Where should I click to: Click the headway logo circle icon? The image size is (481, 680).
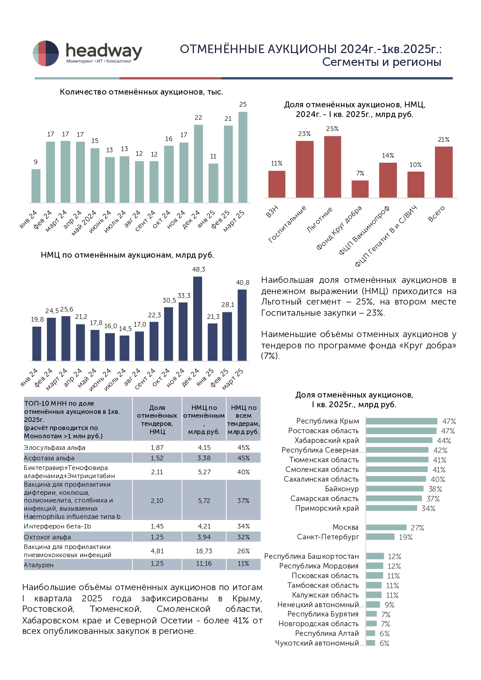tap(46, 53)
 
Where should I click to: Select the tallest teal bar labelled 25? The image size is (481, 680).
tap(243, 157)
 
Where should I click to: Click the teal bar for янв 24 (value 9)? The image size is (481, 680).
tap(36, 186)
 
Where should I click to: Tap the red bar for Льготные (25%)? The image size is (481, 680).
tap(332, 167)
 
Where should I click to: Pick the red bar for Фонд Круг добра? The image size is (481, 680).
tap(360, 189)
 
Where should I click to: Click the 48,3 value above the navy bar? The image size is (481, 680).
tap(198, 269)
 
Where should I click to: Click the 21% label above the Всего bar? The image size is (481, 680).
tap(443, 139)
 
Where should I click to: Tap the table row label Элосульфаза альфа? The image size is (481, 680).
tap(55, 448)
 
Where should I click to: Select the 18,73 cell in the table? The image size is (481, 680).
tap(204, 551)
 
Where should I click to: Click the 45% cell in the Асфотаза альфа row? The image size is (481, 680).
tap(243, 458)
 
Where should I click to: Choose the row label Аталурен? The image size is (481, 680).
tap(39, 565)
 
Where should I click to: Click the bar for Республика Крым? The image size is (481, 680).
tap(401, 421)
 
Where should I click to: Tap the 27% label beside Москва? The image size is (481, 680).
tap(417, 528)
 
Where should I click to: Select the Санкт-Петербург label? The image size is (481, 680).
tap(328, 537)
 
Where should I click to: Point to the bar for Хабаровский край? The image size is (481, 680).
tap(399, 441)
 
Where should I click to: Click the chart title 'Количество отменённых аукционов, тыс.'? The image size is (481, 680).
tap(141, 92)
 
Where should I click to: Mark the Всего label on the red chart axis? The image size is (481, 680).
tap(436, 214)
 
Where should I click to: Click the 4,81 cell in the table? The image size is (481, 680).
tap(157, 551)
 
